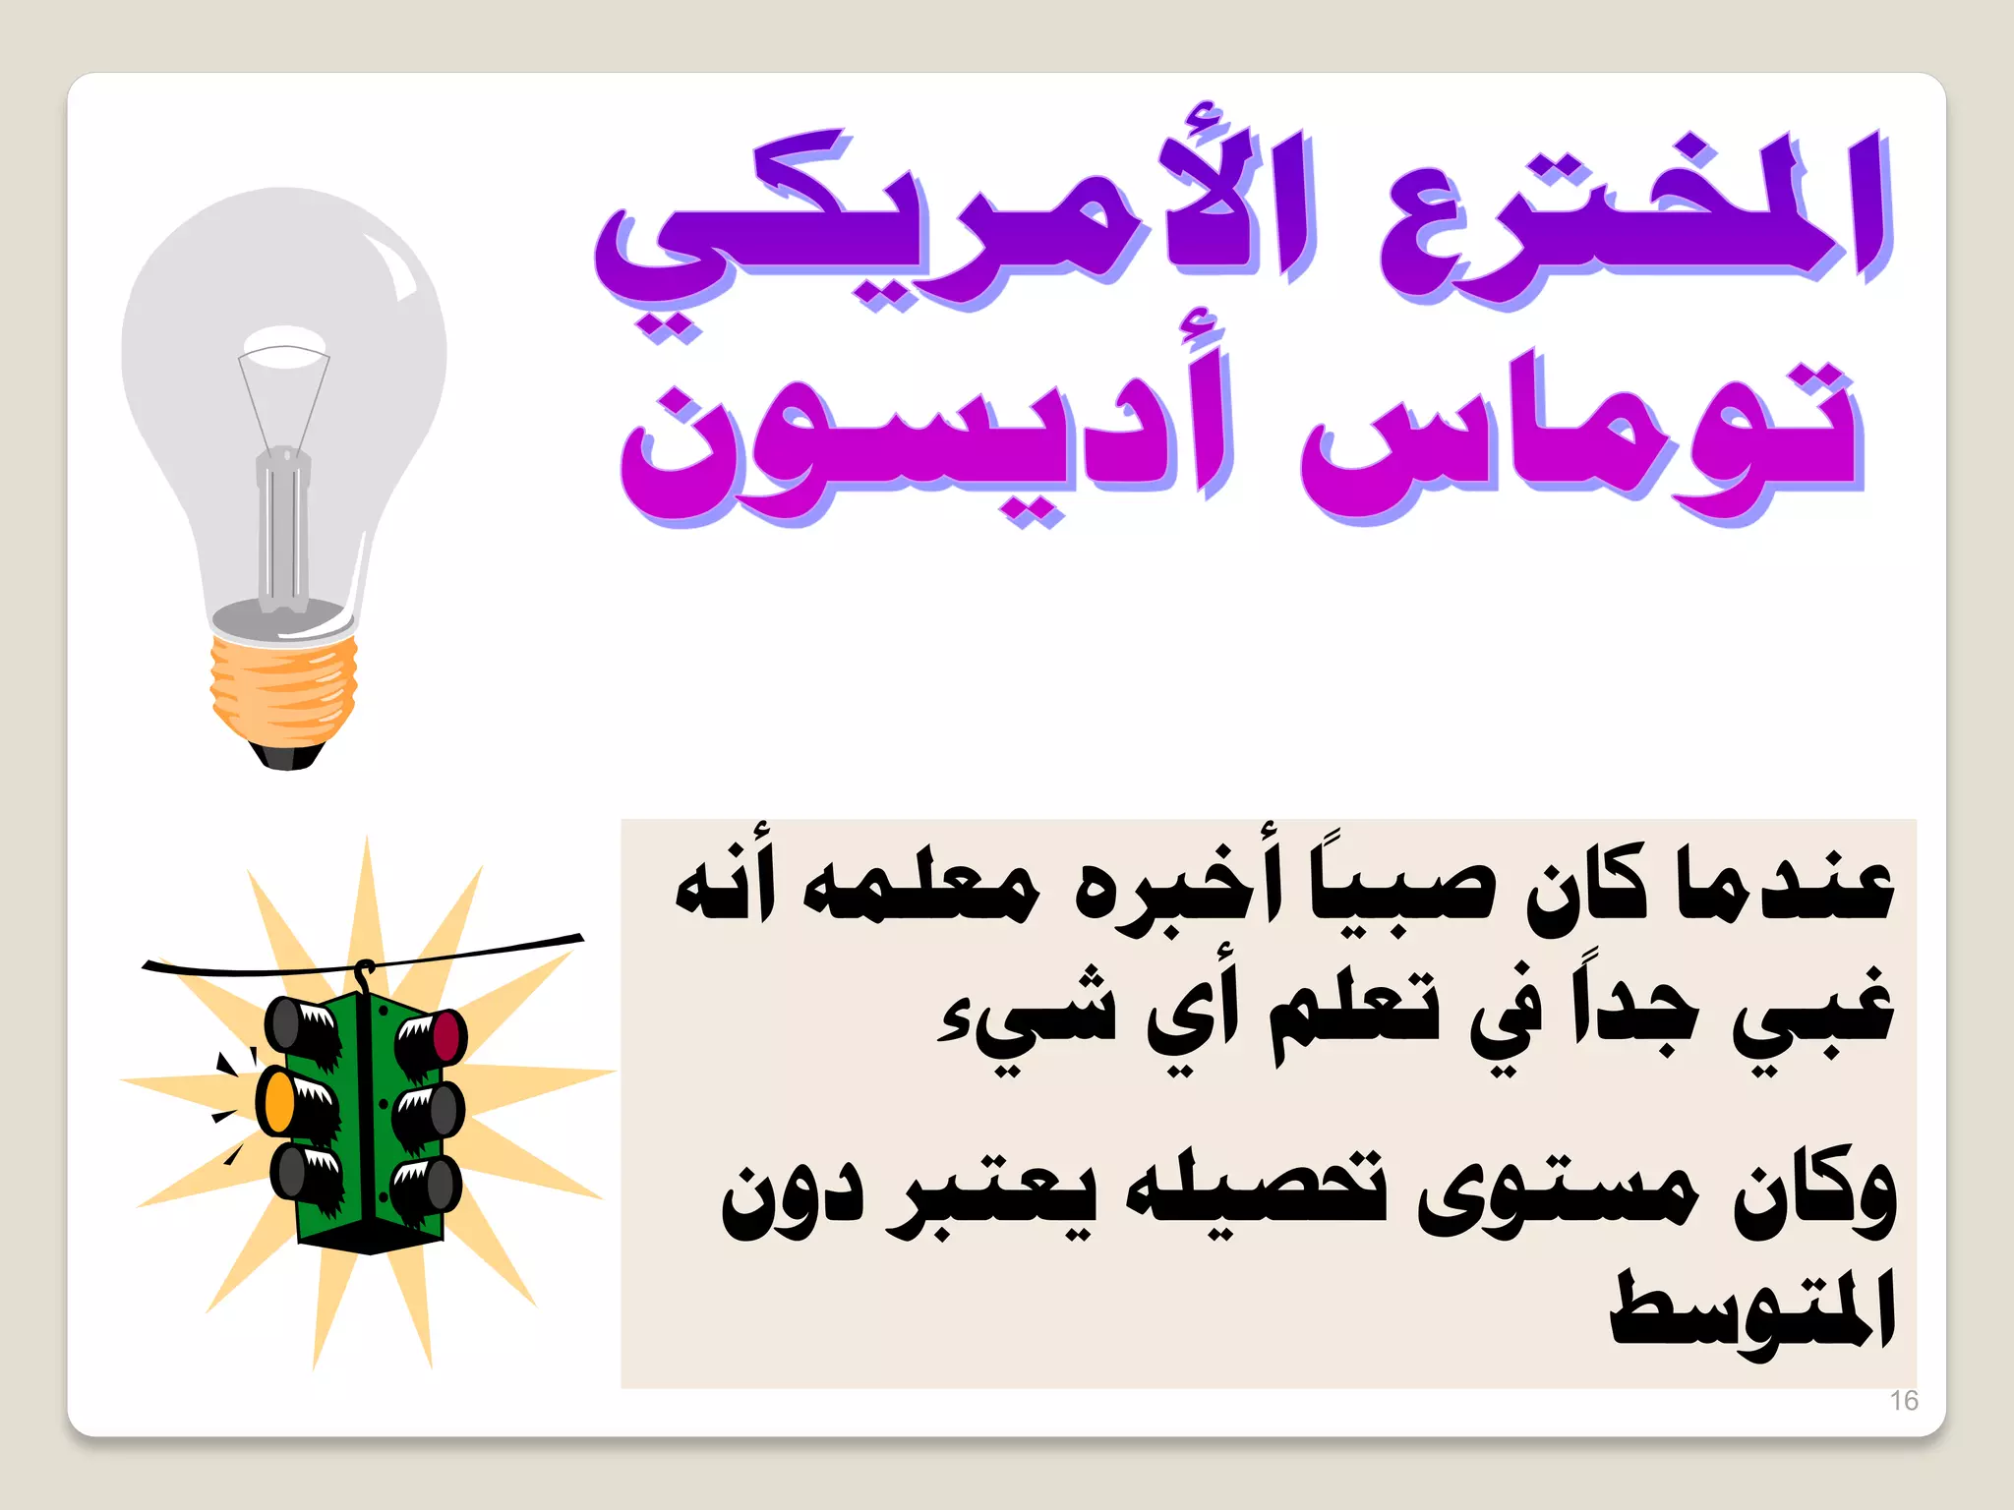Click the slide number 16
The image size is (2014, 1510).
(x=1904, y=1400)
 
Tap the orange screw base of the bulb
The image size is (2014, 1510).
(x=283, y=688)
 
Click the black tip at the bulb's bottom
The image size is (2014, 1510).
(x=287, y=755)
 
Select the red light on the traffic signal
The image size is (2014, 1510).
(x=447, y=1035)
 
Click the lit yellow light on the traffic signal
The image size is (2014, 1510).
(x=277, y=1101)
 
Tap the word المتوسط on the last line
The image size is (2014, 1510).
(x=1750, y=1312)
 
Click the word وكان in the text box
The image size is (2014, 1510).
(x=1814, y=1194)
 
